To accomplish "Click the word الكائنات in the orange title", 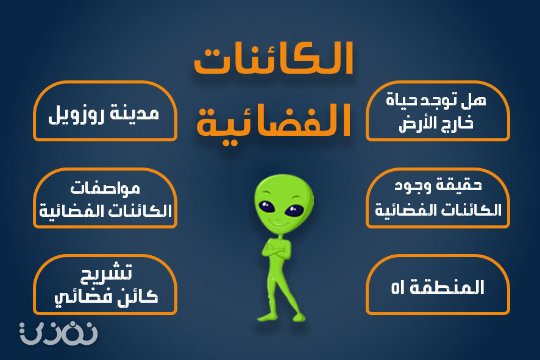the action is click(274, 58).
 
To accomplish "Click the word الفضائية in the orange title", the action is click(274, 122).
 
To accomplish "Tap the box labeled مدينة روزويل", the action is click(105, 111).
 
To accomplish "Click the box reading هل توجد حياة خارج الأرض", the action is click(438, 111).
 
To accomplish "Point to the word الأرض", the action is click(417, 124).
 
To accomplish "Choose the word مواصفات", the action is click(105, 188).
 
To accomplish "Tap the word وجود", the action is click(413, 186).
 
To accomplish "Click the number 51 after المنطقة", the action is click(398, 288).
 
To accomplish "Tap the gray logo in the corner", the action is click(59, 333).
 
